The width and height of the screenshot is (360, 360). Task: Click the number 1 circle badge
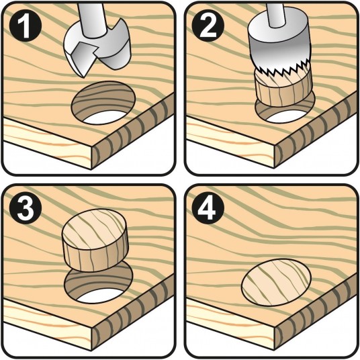coord(26,26)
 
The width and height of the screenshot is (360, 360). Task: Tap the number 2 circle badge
coord(208,26)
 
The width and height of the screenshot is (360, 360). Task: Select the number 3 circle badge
coord(26,208)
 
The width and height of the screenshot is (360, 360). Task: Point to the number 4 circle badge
coord(208,208)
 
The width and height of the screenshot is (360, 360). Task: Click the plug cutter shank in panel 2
coord(277,15)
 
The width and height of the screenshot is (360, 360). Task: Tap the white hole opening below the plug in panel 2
coord(286,116)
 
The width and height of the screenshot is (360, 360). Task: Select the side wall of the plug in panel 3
coord(96,257)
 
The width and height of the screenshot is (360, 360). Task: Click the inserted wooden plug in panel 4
coord(276,282)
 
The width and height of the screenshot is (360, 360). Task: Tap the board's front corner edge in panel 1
coord(92,158)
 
